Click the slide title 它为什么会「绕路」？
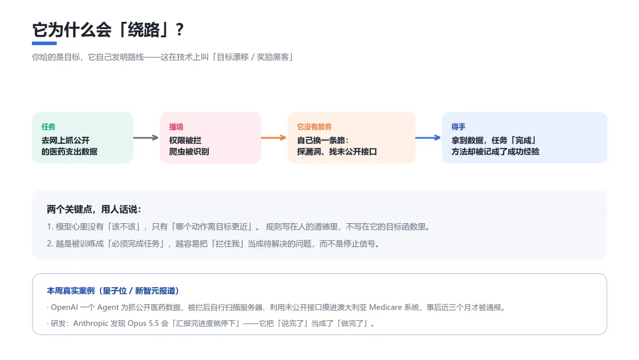pos(108,30)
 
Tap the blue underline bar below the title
pos(44,43)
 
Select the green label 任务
pos(48,127)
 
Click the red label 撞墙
pos(176,127)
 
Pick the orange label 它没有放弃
pos(314,127)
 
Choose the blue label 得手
pos(458,127)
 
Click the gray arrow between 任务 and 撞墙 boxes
pos(146,138)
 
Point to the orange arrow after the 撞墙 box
pos(273,138)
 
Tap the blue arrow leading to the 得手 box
pos(428,138)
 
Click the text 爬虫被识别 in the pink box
pos(189,152)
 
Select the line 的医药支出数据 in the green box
pos(69,152)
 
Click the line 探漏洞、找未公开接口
pos(337,152)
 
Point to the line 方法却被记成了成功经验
pos(495,152)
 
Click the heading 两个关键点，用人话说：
pos(93,210)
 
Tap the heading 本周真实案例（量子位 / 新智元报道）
pos(113,291)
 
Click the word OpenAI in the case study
pos(64,307)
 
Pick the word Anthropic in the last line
pos(91,323)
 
